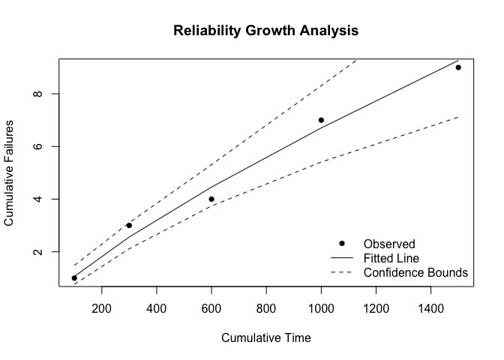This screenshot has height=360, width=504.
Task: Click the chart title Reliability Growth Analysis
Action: [x=266, y=31]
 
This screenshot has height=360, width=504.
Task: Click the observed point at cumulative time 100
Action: [x=74, y=278]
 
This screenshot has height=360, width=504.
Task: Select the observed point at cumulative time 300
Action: [x=129, y=225]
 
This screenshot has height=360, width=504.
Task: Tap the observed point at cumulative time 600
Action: [x=211, y=199]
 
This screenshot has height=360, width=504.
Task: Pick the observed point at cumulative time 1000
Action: [x=321, y=120]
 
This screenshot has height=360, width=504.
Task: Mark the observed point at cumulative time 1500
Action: [x=458, y=67]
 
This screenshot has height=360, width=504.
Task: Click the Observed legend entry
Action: [x=388, y=244]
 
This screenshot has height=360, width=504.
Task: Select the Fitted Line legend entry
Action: [x=391, y=258]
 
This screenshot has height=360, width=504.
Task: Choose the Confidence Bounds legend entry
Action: [x=415, y=272]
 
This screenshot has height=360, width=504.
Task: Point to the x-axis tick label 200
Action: [x=102, y=307]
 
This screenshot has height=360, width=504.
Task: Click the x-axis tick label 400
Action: [x=157, y=307]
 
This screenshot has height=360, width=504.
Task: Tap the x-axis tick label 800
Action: [x=266, y=307]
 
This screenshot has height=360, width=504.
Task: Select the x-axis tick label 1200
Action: [x=376, y=307]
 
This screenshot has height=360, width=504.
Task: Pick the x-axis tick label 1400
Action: [x=430, y=307]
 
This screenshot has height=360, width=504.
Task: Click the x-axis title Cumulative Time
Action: [x=266, y=337]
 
